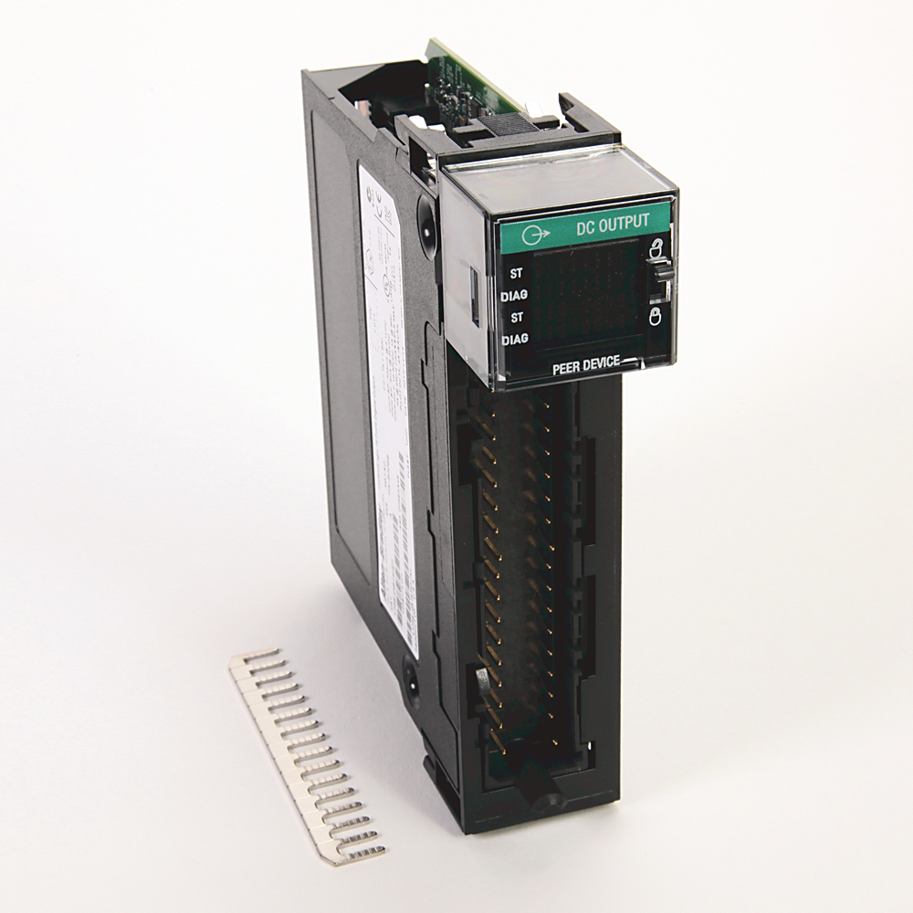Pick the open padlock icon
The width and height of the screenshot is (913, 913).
click(x=654, y=245)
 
